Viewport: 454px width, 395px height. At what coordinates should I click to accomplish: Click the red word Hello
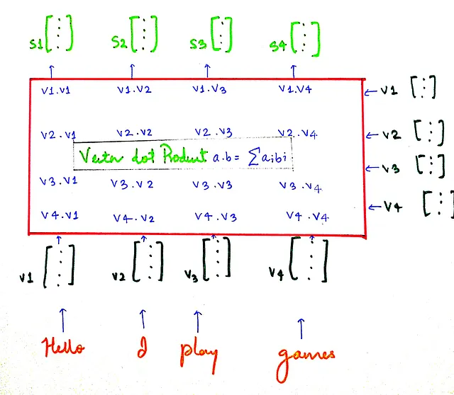click(x=65, y=348)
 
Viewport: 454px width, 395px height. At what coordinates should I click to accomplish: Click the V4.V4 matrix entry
click(x=306, y=215)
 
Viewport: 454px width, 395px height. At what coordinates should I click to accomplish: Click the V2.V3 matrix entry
click(x=212, y=132)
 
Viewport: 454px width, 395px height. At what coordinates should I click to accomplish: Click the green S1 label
click(x=36, y=42)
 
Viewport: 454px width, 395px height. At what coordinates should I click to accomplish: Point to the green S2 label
click(x=121, y=43)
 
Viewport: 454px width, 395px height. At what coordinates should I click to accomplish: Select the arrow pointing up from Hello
click(x=65, y=317)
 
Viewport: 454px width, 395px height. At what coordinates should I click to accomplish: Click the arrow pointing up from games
click(x=301, y=327)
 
